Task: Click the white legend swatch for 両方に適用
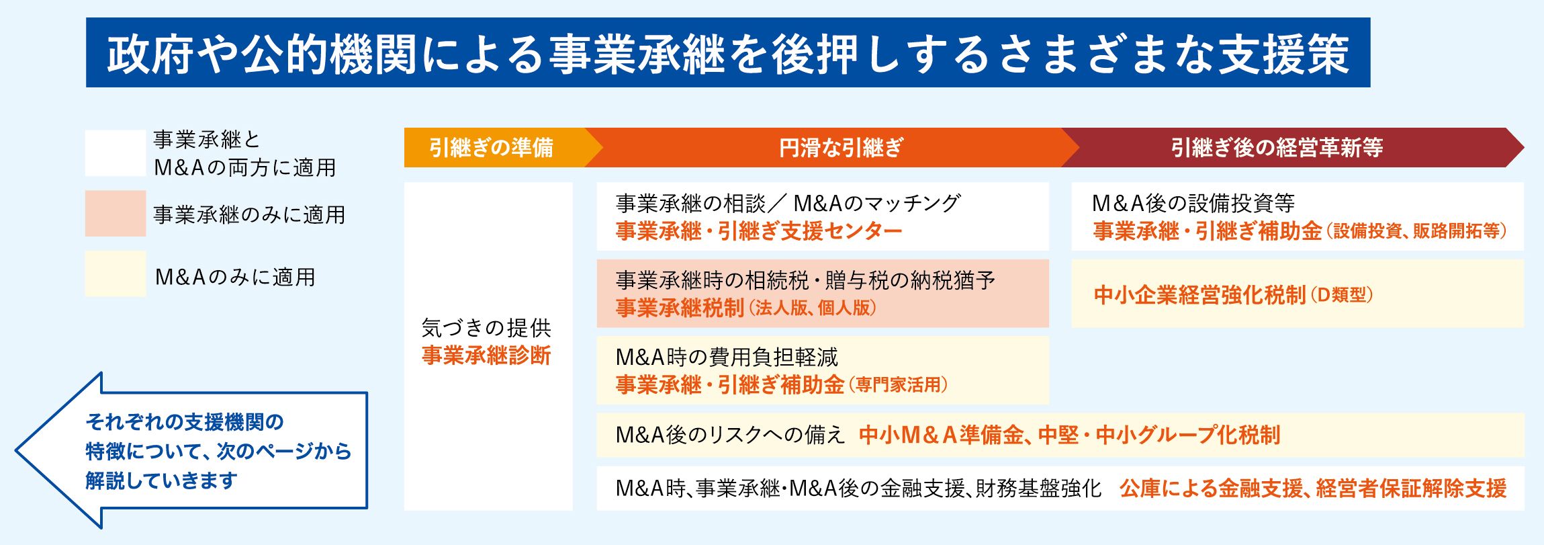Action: (x=116, y=153)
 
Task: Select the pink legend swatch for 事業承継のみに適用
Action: (x=116, y=213)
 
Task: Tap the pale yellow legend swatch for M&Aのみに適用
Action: (x=116, y=274)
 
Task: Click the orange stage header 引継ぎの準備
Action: (x=491, y=147)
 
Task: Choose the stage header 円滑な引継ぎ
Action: (x=841, y=147)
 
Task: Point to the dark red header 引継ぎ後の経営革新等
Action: (x=1277, y=147)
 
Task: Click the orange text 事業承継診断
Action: (x=486, y=355)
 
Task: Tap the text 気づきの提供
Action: (x=486, y=328)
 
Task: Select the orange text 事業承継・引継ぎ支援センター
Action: (x=759, y=231)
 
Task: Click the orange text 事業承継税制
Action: (x=680, y=308)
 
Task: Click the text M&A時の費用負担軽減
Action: (x=727, y=357)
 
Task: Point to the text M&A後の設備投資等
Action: (x=1193, y=203)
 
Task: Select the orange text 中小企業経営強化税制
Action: (x=1199, y=295)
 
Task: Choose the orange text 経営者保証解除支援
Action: (x=1412, y=489)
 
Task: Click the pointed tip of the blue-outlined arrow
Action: (x=16, y=450)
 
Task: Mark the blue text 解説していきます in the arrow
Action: (x=161, y=480)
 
